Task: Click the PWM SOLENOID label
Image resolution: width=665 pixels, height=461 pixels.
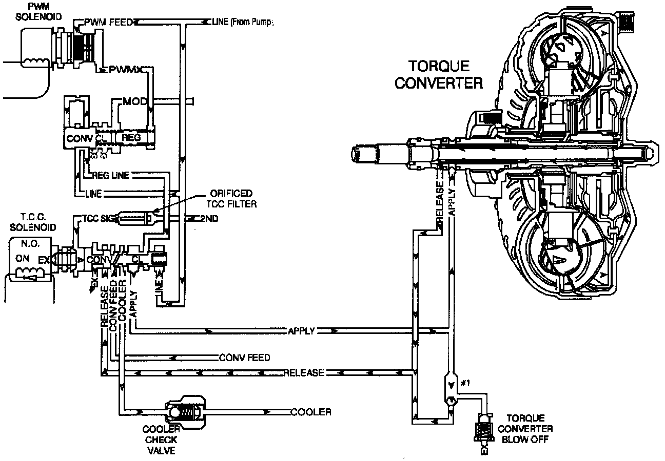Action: pos(38,11)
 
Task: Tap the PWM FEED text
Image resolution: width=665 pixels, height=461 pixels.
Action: pos(108,22)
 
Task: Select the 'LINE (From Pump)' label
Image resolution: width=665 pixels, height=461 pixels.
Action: pos(240,22)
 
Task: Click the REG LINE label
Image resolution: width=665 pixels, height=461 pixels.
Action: pos(110,176)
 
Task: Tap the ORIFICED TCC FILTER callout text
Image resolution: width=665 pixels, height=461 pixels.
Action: pos(231,198)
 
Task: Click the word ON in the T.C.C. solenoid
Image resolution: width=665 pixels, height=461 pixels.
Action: pos(22,259)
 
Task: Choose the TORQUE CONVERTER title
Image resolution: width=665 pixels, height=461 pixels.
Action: pos(438,74)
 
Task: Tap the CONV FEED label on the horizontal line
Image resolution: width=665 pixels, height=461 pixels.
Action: pos(244,357)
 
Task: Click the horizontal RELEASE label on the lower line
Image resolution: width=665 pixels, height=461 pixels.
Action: pos(304,372)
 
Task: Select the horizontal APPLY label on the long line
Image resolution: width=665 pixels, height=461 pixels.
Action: pos(301,331)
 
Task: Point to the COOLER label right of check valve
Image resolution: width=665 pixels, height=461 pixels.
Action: pos(310,412)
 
